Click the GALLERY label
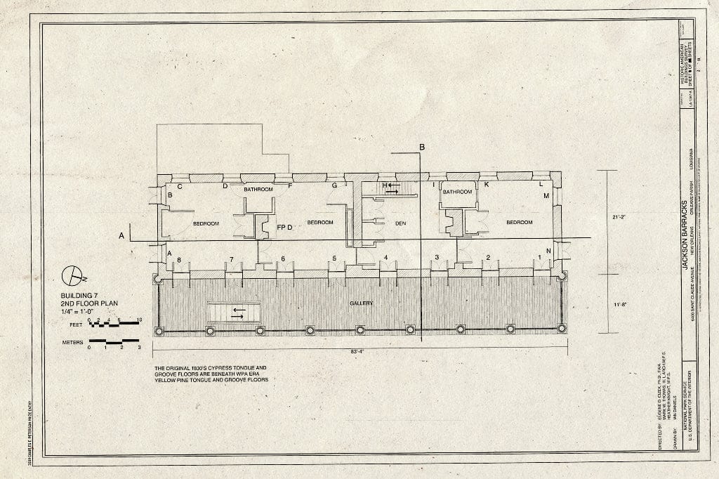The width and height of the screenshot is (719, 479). (360, 303)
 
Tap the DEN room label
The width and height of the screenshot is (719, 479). (401, 223)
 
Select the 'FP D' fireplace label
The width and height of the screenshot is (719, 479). (284, 228)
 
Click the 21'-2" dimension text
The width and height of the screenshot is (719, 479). (618, 217)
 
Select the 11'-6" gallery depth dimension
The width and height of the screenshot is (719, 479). (618, 305)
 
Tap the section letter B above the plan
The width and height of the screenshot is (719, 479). (422, 147)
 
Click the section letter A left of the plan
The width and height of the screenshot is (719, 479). (121, 235)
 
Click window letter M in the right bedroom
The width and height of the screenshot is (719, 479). (546, 195)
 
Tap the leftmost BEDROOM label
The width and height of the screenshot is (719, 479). (206, 223)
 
